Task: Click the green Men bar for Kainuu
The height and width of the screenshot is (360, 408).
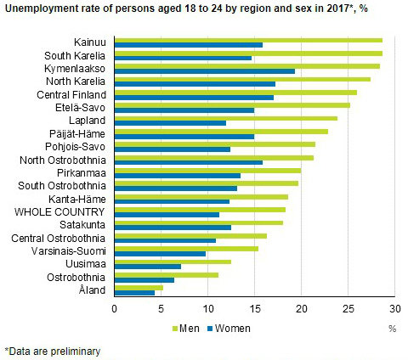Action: click(x=247, y=40)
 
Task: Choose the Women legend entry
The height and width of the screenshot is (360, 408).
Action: click(x=225, y=327)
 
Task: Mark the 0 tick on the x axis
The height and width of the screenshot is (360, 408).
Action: click(x=114, y=309)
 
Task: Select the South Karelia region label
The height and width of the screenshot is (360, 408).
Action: click(x=76, y=56)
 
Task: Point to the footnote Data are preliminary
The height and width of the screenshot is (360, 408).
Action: click(x=53, y=350)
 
